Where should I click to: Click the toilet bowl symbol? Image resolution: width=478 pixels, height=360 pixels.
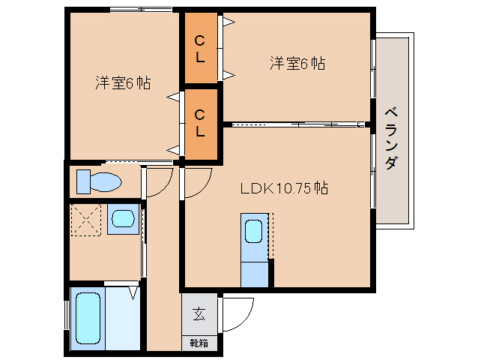(x=106, y=182)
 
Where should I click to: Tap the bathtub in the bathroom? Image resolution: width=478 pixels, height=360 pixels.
(x=88, y=318)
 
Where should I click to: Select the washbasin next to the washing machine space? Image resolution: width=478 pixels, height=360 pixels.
(x=123, y=219)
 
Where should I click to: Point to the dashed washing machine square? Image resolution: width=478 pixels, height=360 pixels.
(x=86, y=220)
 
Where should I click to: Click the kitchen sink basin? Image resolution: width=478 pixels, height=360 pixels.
(x=254, y=232)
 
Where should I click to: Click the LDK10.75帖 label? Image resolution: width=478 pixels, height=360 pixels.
(x=284, y=188)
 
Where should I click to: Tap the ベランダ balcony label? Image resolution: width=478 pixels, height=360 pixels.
(x=391, y=138)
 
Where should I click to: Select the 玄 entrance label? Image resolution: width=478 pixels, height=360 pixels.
(x=199, y=314)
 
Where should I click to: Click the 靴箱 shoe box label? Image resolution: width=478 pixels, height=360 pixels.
(x=199, y=343)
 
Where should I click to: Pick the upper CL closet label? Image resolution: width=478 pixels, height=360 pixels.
(x=200, y=49)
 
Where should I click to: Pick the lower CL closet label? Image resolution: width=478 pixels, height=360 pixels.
(x=200, y=123)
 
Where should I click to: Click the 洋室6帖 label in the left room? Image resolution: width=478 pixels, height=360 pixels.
(x=123, y=82)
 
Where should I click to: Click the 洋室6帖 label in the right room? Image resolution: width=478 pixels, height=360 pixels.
(x=297, y=63)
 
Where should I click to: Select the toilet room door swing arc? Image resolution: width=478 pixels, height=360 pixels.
(x=165, y=187)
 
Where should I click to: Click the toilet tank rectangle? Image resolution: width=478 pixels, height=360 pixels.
(x=83, y=181)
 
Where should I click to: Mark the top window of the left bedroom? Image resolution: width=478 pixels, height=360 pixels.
(x=141, y=10)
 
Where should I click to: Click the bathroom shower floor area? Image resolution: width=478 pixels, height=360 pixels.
(x=123, y=318)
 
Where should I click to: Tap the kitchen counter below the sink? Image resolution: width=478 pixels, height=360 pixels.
(x=255, y=274)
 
